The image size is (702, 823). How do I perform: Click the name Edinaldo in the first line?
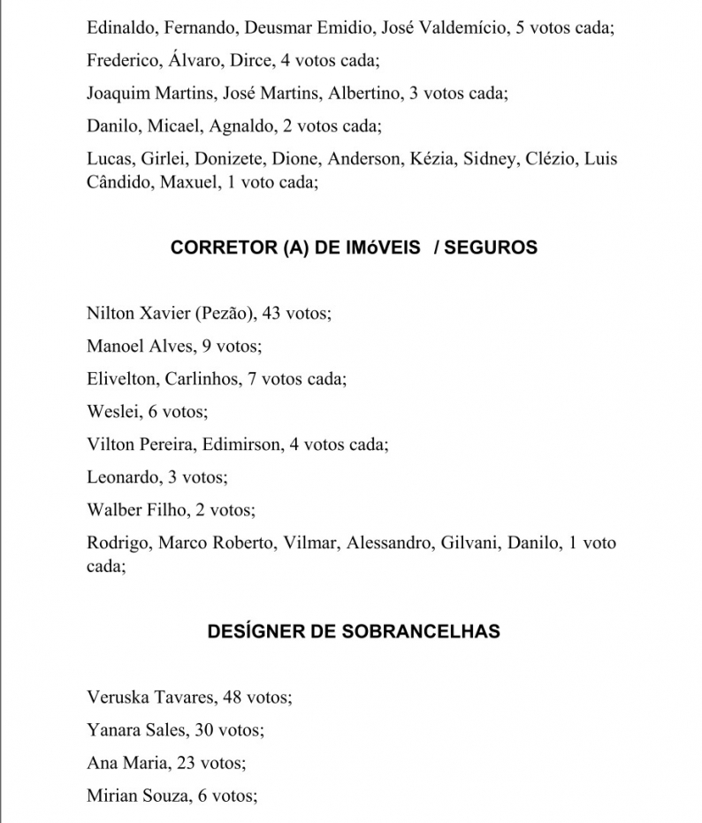coord(121,27)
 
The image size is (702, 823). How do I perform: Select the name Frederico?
coord(124,60)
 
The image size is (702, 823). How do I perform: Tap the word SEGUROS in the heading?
coord(491,248)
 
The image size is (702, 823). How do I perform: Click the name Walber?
coord(113,509)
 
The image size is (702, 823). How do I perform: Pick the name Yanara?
coord(116,729)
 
